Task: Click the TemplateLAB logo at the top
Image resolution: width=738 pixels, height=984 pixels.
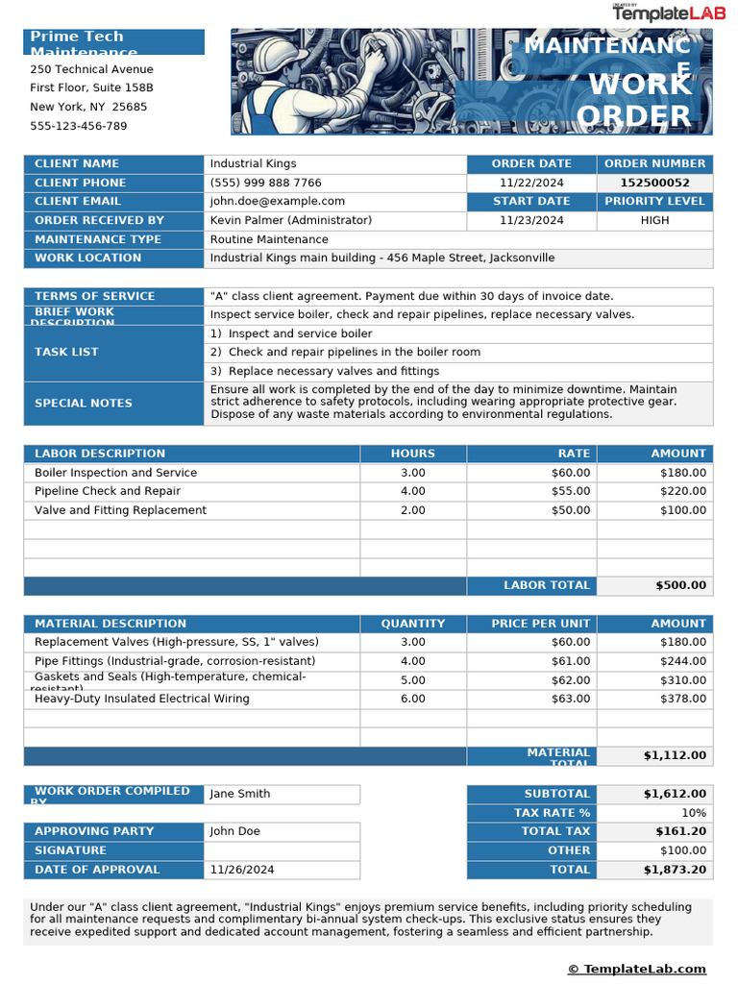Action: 662,13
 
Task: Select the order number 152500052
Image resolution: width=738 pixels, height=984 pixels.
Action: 654,183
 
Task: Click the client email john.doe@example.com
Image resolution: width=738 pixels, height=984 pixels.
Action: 277,201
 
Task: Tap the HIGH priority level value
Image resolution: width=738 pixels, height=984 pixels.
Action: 654,220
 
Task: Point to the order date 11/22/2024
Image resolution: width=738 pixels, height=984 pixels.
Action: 531,183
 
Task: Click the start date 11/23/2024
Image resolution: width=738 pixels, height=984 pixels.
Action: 531,220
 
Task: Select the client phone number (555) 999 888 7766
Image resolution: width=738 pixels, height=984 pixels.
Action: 266,183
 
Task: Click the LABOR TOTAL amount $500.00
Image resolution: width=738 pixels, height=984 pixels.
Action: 680,585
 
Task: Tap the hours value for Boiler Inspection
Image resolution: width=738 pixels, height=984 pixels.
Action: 412,473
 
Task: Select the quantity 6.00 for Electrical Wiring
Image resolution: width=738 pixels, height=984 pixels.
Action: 412,699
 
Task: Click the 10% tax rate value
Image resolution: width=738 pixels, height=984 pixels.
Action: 693,813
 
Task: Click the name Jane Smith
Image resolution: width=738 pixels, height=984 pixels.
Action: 240,794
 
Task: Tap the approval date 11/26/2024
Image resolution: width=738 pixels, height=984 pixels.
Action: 242,870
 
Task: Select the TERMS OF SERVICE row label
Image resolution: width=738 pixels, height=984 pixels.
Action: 94,296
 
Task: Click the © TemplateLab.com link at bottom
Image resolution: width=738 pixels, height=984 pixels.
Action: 636,969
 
